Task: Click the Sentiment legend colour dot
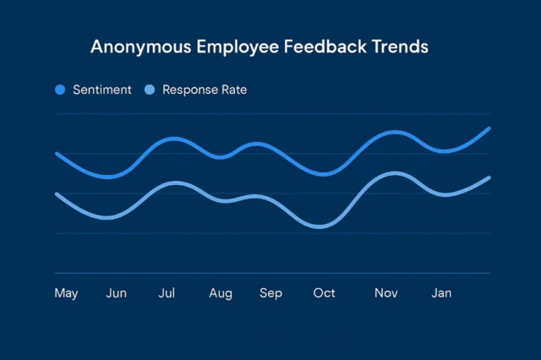[x=60, y=90]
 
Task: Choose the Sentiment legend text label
[x=102, y=90]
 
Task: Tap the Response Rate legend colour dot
[x=150, y=90]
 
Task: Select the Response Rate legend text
[x=205, y=90]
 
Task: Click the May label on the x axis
[x=66, y=293]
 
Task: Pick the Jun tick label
[x=117, y=293]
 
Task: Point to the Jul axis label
[x=167, y=293]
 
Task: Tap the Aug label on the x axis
[x=221, y=293]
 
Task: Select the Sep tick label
[x=270, y=293]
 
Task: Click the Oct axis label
[x=324, y=293]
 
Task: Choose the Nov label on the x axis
[x=386, y=293]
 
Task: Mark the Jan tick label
[x=441, y=293]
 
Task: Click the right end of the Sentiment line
[x=489, y=128]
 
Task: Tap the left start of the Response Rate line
[x=57, y=194]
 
